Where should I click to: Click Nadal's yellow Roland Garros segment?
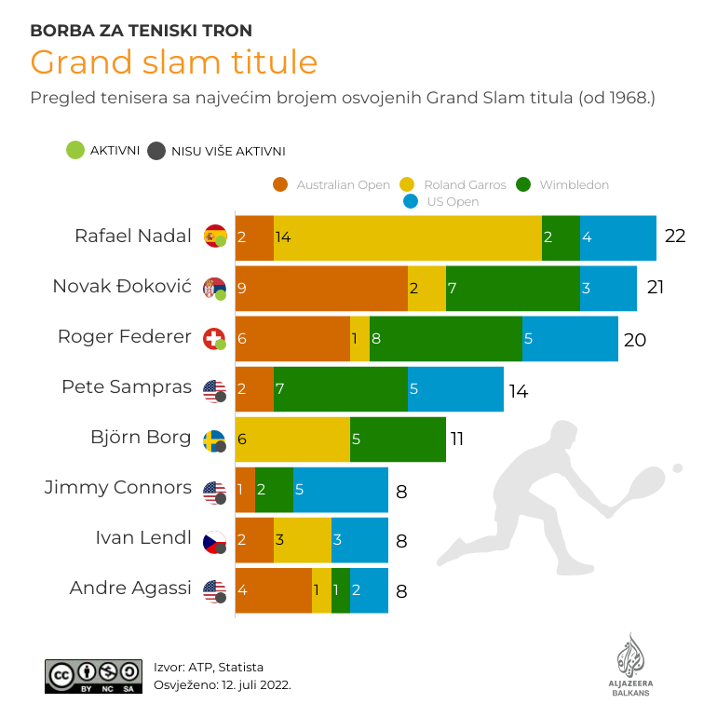tap(407, 237)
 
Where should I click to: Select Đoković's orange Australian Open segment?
tap(321, 288)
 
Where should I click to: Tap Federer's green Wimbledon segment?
tap(446, 338)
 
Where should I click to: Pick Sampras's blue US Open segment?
tap(455, 388)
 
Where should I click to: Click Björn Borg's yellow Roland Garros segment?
tap(292, 439)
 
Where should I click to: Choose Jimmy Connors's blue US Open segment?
tap(341, 489)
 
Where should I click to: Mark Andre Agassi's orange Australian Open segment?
tap(273, 589)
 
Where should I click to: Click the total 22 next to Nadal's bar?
tap(675, 237)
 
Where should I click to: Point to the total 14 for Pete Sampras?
tap(519, 391)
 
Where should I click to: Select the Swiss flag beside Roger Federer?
tap(214, 338)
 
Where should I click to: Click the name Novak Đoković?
tap(122, 287)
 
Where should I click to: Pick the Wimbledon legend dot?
tap(522, 184)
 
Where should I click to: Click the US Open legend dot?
tap(410, 201)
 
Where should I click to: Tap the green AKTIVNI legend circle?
tap(74, 150)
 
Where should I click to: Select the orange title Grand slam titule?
tap(173, 62)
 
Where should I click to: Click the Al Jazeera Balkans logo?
tap(631, 664)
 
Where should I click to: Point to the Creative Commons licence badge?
tap(93, 676)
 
